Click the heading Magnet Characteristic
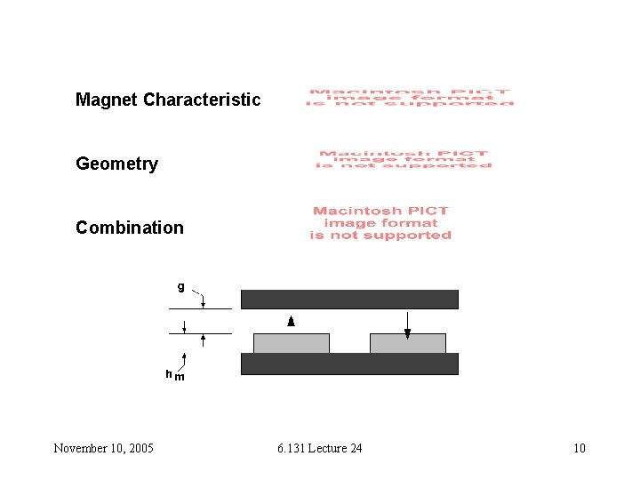pos(168,100)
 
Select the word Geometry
pos(116,164)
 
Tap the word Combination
pos(130,228)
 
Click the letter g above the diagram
pos(180,286)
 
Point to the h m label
pos(174,375)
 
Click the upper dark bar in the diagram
pos(349,299)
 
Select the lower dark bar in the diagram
pos(349,364)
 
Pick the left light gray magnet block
pos(292,343)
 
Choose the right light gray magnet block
pos(407,343)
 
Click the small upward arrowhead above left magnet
pos(291,321)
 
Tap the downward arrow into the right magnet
pos(407,332)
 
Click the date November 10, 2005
pos(103,448)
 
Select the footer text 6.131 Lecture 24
pos(319,448)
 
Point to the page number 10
pos(579,448)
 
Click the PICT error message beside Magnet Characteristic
pos(410,98)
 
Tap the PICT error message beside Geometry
pos(404,159)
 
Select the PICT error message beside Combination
pos(380,223)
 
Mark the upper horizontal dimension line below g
pos(200,308)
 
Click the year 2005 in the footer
pos(139,448)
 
